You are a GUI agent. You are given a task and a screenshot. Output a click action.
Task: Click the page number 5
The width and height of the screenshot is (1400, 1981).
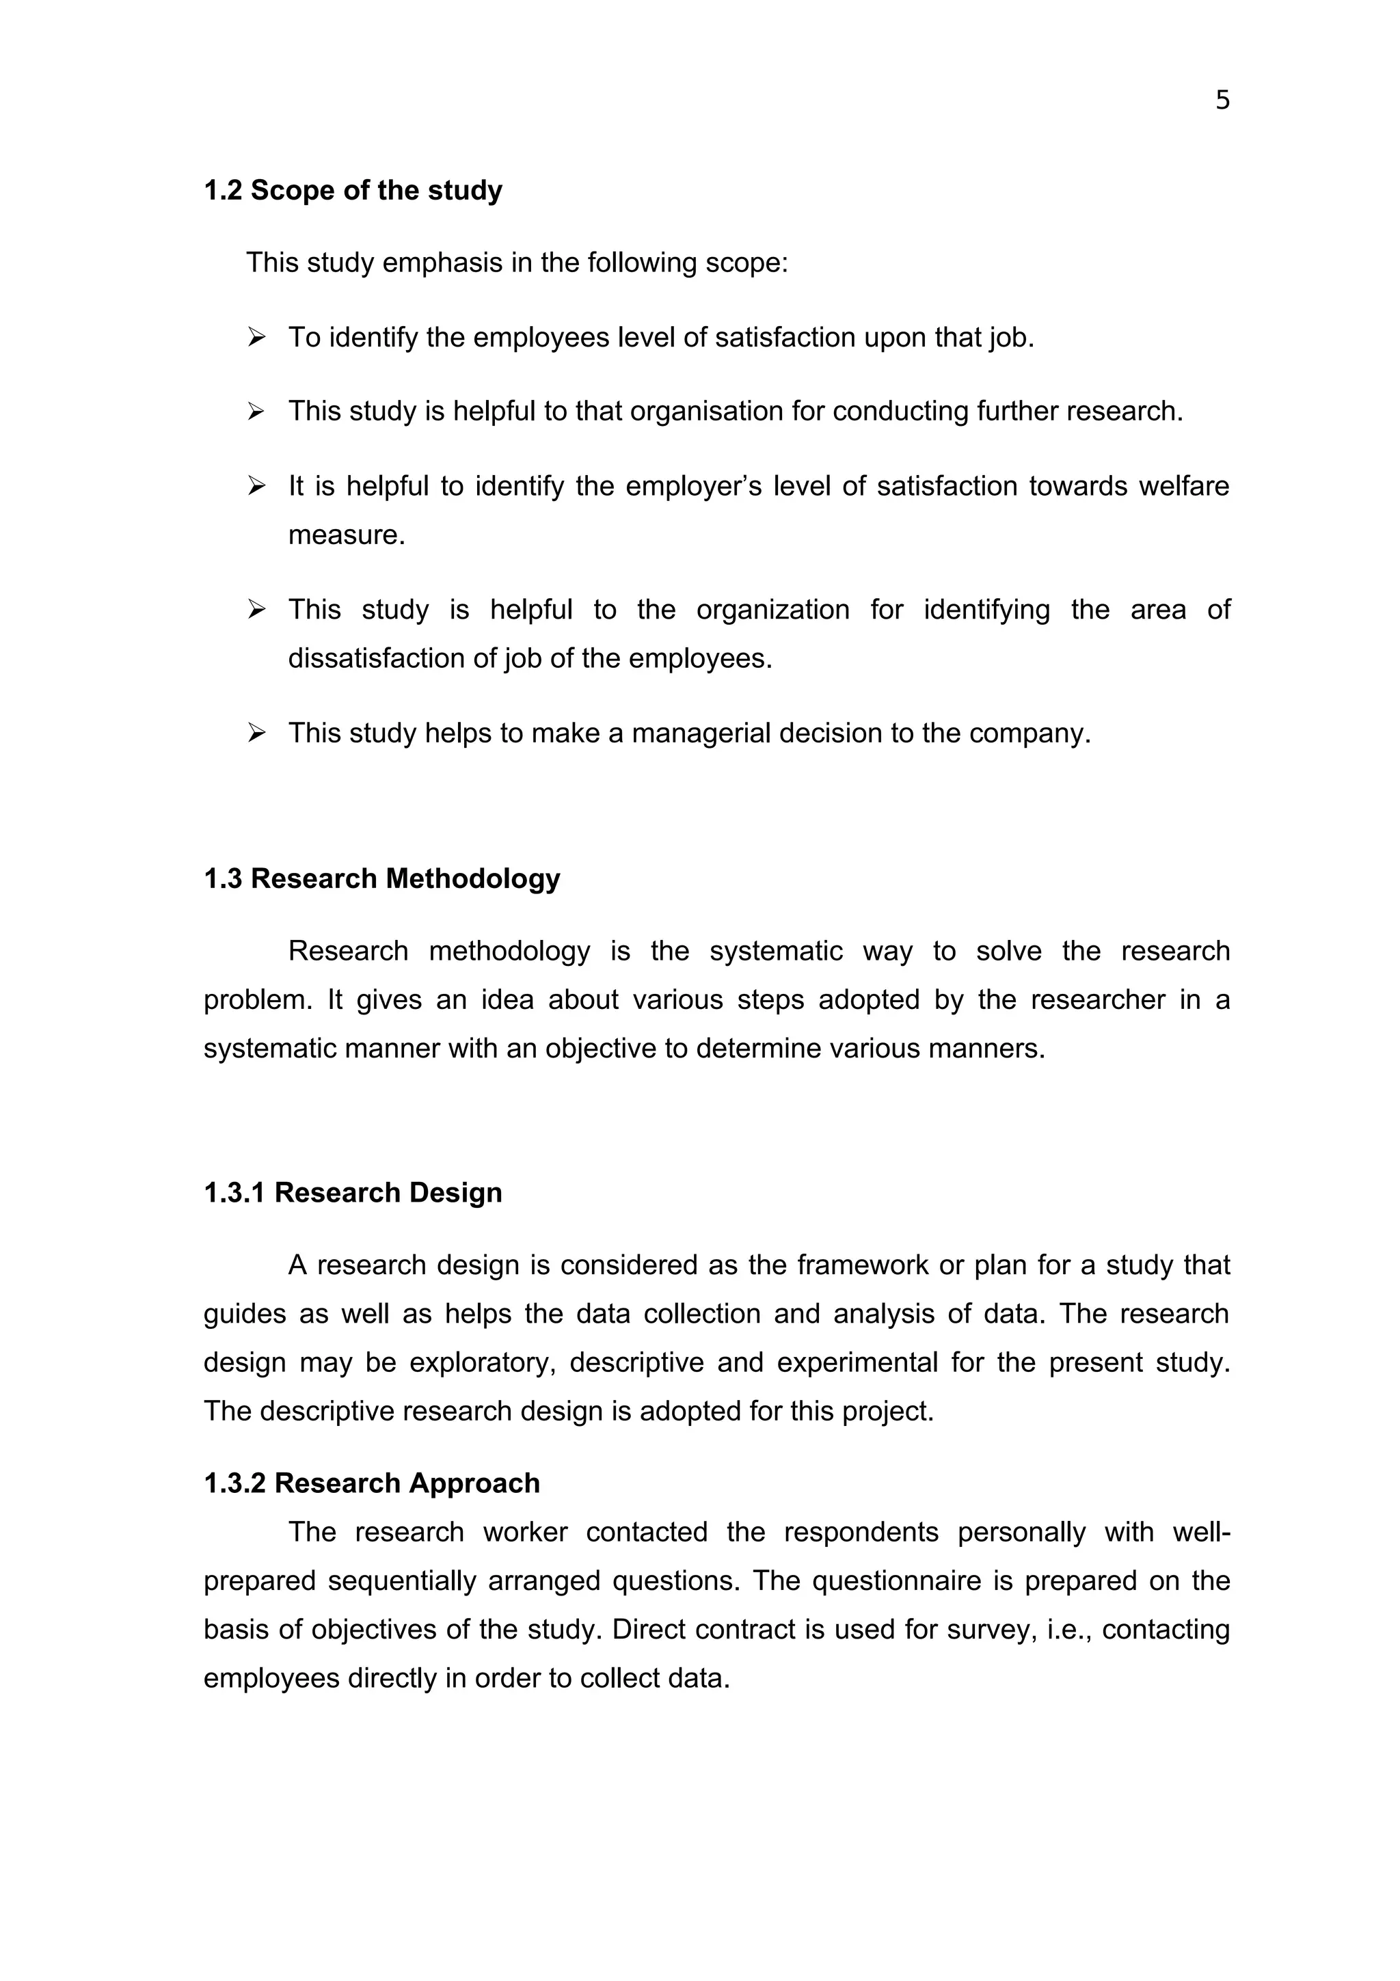1222,101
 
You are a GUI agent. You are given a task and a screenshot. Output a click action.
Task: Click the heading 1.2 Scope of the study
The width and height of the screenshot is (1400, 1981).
352,191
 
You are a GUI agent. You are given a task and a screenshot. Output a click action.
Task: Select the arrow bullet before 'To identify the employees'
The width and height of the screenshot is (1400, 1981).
256,338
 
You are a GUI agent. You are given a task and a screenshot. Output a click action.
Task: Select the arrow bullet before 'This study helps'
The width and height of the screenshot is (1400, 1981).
256,733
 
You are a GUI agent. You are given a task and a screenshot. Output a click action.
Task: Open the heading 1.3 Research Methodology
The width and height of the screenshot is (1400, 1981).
381,879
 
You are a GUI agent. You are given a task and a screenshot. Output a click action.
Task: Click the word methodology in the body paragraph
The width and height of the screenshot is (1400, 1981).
509,952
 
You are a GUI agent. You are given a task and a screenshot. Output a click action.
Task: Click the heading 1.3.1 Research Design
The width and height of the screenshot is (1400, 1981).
352,1194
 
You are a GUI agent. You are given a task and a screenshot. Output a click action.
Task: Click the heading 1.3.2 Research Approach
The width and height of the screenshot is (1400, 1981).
371,1484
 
